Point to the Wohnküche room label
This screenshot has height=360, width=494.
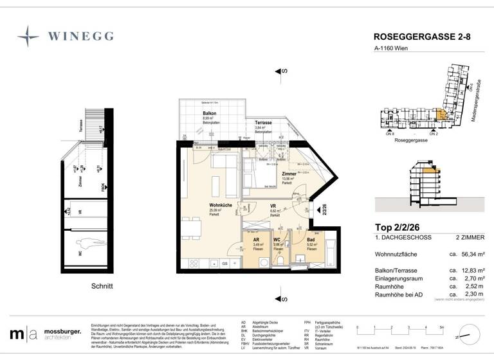(219, 206)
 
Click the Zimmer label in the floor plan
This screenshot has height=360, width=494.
(289, 174)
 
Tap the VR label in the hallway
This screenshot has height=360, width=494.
(273, 206)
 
